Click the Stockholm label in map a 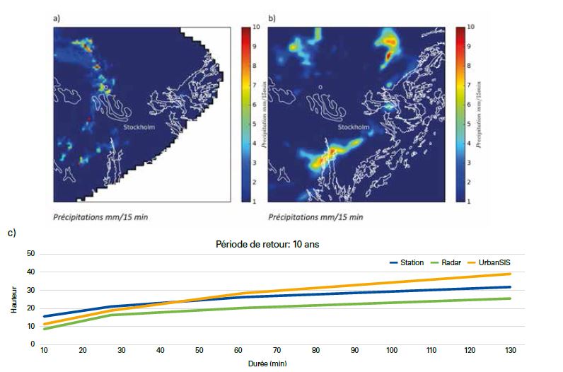(x=138, y=127)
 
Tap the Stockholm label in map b (x=353, y=127)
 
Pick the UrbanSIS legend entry (x=494, y=262)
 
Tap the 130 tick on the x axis (x=509, y=351)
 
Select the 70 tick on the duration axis (x=277, y=351)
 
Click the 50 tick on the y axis (x=30, y=253)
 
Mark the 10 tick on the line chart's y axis (x=30, y=326)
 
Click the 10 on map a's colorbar (x=255, y=27)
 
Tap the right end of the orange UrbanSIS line (x=510, y=274)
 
